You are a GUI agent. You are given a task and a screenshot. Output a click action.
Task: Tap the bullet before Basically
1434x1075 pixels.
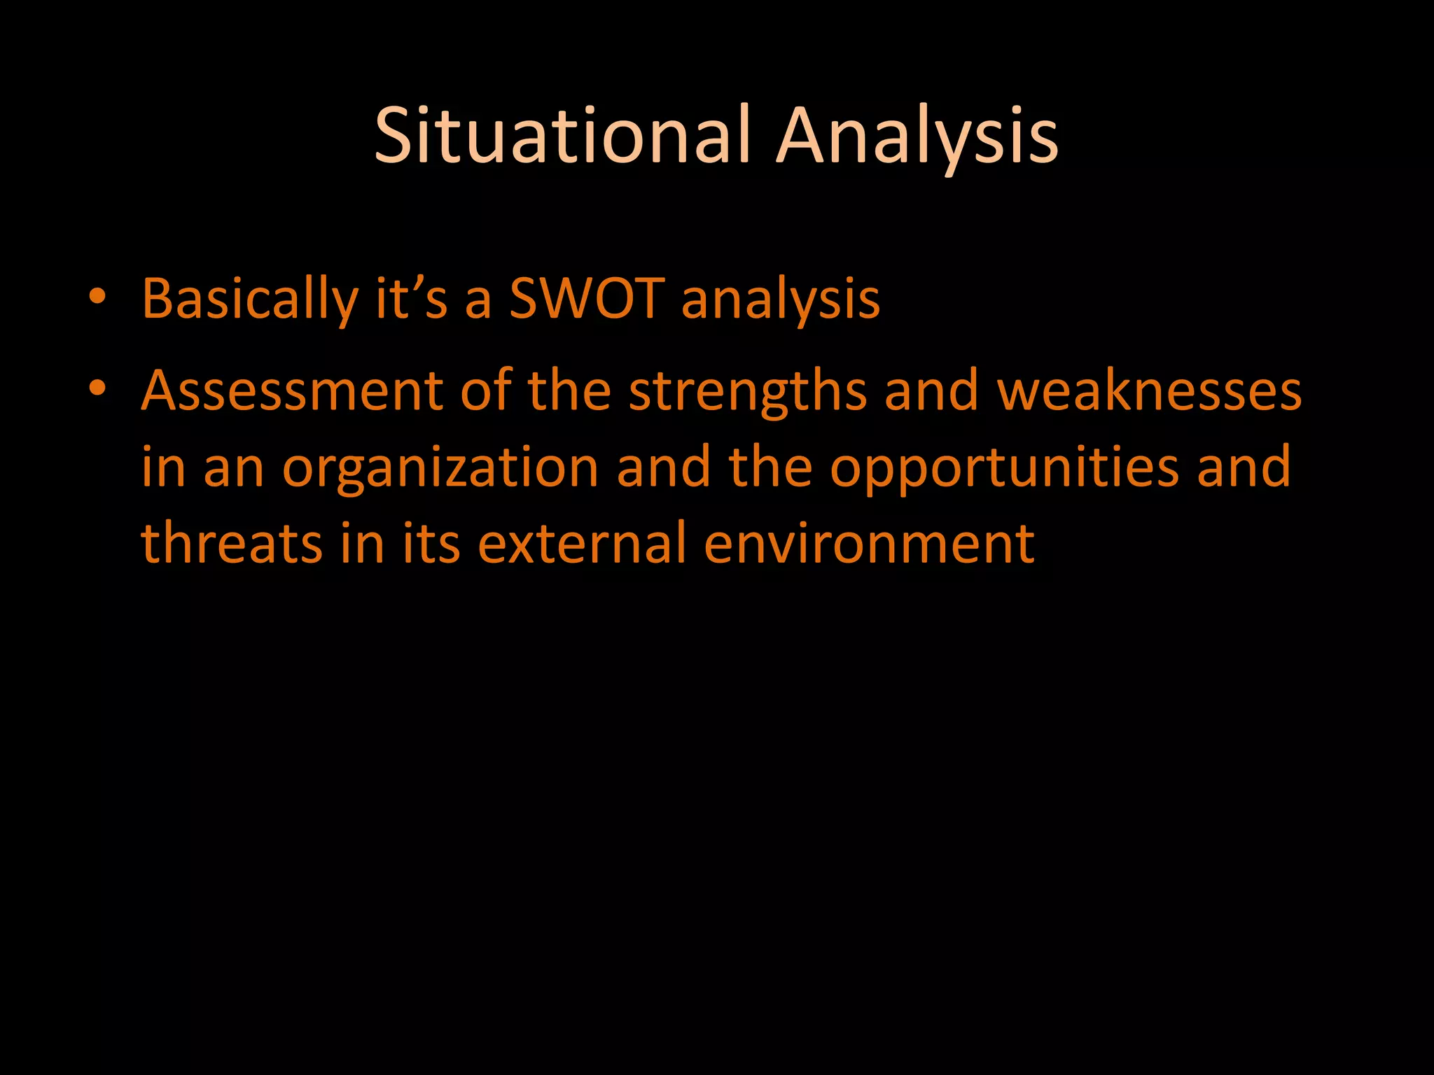(97, 297)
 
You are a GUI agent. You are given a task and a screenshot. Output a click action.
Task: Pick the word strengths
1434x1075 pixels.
(748, 392)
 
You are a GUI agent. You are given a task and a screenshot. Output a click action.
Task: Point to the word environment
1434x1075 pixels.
(869, 544)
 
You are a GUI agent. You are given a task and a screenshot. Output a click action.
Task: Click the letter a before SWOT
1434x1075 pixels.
(478, 301)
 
